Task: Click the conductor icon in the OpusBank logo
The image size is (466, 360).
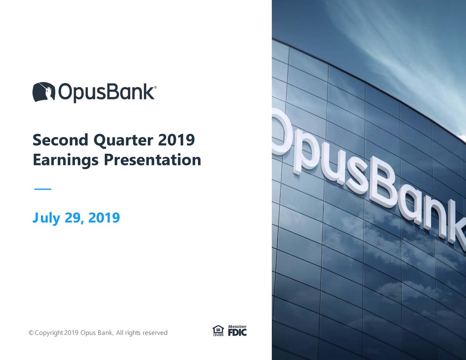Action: [x=44, y=92]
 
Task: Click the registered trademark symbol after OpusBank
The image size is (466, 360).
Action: [x=156, y=88]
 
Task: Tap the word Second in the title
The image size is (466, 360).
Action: [x=60, y=140]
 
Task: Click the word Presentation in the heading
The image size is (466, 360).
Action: [x=152, y=160]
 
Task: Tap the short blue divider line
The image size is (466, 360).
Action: [x=43, y=189]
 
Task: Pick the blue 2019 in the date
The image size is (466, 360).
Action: [x=104, y=218]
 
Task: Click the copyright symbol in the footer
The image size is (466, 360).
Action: [x=31, y=333]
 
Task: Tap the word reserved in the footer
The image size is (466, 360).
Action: [x=155, y=333]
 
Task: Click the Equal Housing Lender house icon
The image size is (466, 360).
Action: [x=218, y=331]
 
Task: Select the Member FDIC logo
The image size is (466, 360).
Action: [x=237, y=331]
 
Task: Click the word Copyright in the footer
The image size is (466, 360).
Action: [x=49, y=333]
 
